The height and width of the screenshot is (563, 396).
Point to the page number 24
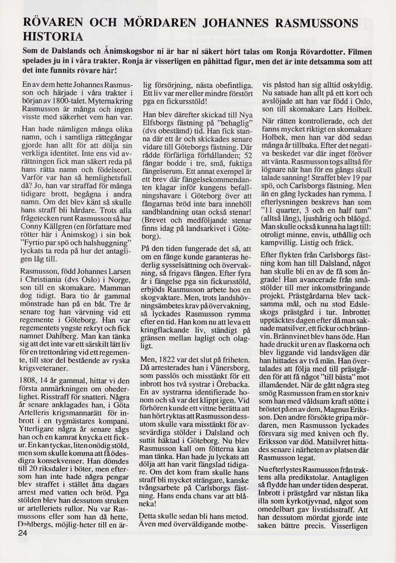pos(22,533)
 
